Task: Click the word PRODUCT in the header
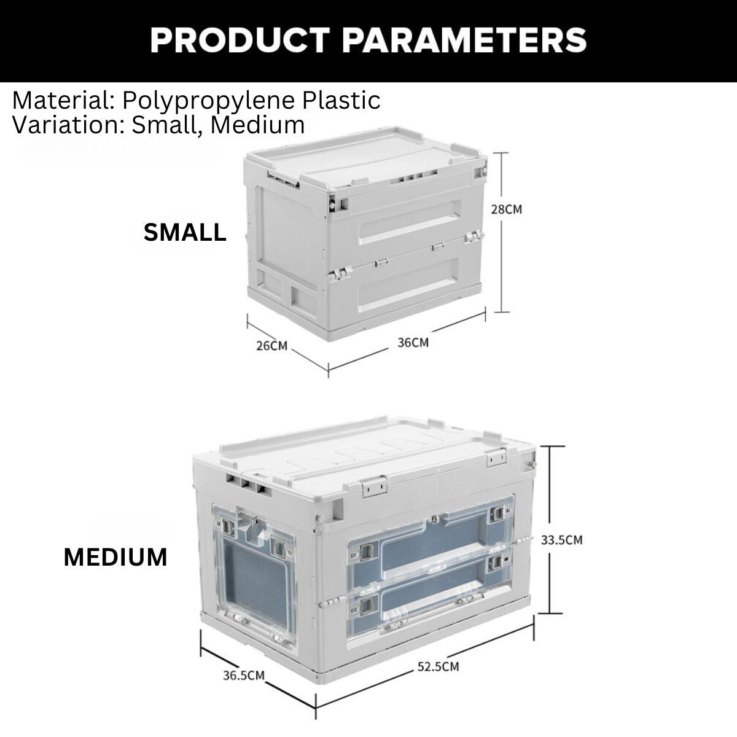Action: pyautogui.click(x=240, y=40)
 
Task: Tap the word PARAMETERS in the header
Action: pyautogui.click(x=464, y=40)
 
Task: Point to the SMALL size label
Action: pyautogui.click(x=185, y=232)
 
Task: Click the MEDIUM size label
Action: pyautogui.click(x=115, y=557)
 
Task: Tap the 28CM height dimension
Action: pyautogui.click(x=506, y=209)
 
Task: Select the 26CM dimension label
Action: pyautogui.click(x=272, y=346)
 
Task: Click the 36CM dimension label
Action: pyautogui.click(x=413, y=342)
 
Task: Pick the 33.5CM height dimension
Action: pyautogui.click(x=561, y=540)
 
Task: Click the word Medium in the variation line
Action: pyautogui.click(x=257, y=125)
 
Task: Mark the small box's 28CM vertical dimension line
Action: pyautogui.click(x=501, y=233)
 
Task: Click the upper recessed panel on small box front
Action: pyautogui.click(x=409, y=222)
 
